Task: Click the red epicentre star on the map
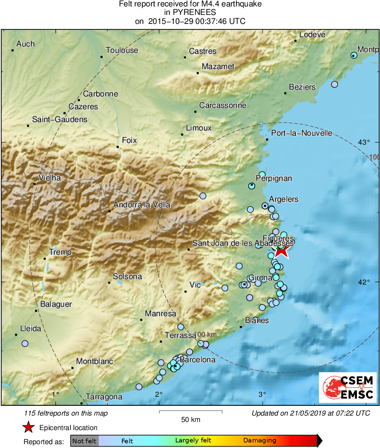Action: coord(281,250)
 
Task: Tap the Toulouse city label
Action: coord(122,50)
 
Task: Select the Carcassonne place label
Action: coord(223,105)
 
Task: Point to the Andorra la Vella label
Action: coord(141,205)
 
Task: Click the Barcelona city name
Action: coord(197,360)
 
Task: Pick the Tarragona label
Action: coord(104,397)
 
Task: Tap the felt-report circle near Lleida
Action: coord(25,343)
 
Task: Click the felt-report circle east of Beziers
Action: coord(334,84)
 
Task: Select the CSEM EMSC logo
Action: coord(348,387)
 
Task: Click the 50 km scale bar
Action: coord(191,412)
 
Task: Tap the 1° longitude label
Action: coord(55,394)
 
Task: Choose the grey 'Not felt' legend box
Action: coord(84,441)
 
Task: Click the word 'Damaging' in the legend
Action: coord(259,441)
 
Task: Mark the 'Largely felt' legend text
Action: coord(192,441)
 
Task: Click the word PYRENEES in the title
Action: coord(190,13)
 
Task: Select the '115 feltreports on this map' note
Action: coord(66,413)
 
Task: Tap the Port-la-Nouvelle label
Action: coord(301,133)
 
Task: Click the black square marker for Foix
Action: coord(118,147)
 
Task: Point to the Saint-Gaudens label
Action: coord(59,119)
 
